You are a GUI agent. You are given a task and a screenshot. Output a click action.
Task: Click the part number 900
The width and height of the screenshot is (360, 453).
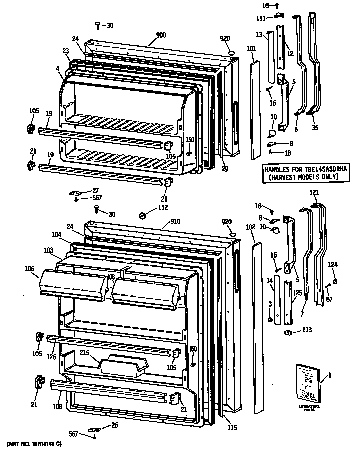(x=161, y=35)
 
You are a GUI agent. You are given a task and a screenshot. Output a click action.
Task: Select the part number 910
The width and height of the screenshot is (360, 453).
(x=175, y=221)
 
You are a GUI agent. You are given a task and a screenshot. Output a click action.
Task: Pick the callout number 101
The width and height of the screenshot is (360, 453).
(x=251, y=49)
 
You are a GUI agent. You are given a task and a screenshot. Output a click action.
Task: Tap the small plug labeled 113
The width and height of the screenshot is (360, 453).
(x=288, y=332)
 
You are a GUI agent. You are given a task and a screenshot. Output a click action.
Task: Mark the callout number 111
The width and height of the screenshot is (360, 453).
(x=261, y=18)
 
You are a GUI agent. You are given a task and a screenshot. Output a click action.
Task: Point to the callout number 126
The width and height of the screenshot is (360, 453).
(x=52, y=356)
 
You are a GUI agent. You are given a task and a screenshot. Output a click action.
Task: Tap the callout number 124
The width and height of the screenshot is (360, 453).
(x=333, y=264)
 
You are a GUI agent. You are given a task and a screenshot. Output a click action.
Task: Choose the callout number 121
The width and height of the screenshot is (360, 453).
(x=313, y=193)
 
